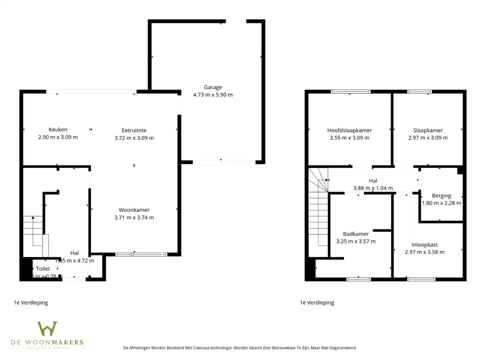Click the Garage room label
(212, 87)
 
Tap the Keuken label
(58, 130)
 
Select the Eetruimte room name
(134, 130)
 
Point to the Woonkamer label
(134, 210)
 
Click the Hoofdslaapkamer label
(349, 130)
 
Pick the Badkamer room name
(355, 234)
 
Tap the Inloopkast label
(424, 244)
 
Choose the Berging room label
(441, 196)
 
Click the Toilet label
(43, 269)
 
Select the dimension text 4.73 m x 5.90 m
(212, 94)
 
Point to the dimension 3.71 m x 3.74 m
(134, 217)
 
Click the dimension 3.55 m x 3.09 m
(349, 138)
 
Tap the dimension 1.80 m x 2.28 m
(441, 203)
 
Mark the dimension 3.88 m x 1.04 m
(373, 188)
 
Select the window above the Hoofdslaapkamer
(350, 91)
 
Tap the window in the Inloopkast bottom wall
(421, 279)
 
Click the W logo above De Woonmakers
(48, 329)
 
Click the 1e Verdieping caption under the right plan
(316, 302)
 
